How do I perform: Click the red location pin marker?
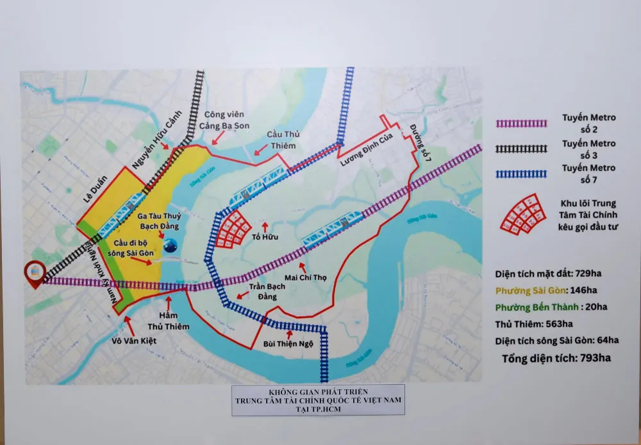(x=33, y=274)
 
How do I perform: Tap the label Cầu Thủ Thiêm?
(x=283, y=140)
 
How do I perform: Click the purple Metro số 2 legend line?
(x=521, y=123)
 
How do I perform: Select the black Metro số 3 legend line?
(x=521, y=148)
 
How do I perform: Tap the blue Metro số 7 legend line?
(x=521, y=173)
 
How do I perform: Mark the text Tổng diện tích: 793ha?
(x=556, y=358)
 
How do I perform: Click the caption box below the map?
(x=318, y=399)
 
